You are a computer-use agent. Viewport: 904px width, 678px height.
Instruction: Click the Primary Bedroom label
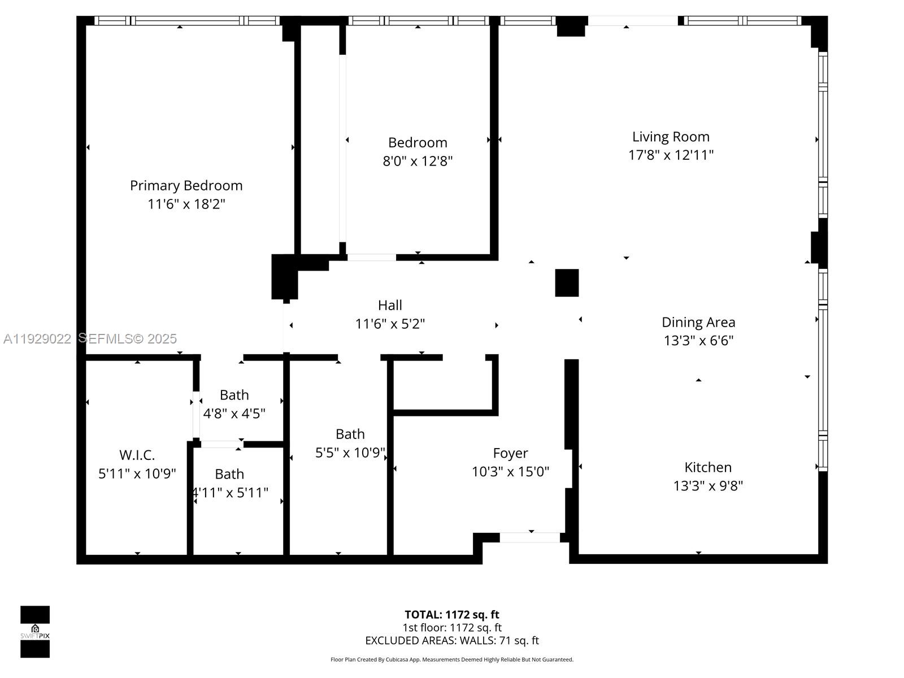point(186,185)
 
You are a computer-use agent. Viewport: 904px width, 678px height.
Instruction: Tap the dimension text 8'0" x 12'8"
point(418,161)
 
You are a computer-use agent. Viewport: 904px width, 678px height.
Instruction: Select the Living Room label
point(671,137)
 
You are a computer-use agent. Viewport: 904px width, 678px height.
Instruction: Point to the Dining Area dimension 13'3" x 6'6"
point(698,341)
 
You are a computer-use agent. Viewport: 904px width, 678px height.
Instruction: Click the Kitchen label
point(707,467)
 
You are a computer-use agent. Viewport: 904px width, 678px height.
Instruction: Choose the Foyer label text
point(510,453)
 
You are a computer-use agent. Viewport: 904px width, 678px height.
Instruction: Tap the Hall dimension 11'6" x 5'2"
point(390,324)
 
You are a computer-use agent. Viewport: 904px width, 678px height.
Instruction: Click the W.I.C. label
point(137,455)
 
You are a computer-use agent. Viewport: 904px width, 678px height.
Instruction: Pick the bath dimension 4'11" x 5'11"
point(230,493)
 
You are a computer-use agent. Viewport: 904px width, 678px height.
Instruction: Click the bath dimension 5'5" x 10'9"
point(350,453)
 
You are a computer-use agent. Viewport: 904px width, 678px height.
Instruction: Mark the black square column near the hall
point(567,282)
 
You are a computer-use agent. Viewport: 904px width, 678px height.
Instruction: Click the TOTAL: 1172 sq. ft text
point(451,615)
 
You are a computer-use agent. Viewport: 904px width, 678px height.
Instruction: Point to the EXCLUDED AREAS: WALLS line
point(451,641)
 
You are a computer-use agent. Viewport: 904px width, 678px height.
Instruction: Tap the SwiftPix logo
point(35,632)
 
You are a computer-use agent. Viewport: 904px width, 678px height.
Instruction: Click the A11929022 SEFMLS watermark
point(90,338)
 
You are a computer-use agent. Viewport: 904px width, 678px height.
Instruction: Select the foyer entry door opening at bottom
point(530,537)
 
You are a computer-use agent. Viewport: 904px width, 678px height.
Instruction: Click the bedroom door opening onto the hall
point(371,258)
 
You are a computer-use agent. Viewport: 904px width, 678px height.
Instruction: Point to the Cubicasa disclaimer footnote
point(451,659)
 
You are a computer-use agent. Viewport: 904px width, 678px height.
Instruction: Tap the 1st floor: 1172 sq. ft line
point(451,628)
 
